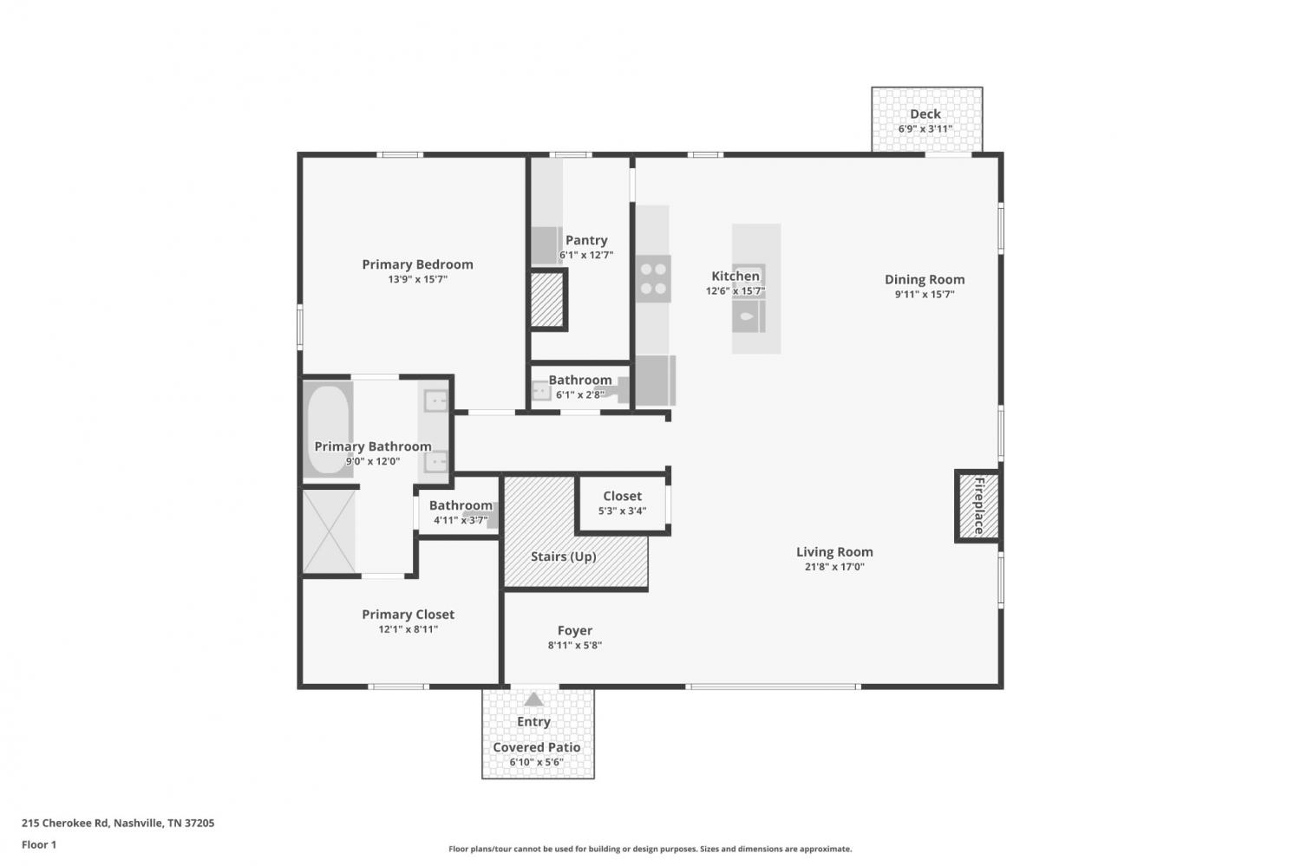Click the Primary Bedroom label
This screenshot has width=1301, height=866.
coord(417,264)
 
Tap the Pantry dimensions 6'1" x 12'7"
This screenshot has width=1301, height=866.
coord(586,255)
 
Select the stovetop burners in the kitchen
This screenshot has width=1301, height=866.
coord(653,278)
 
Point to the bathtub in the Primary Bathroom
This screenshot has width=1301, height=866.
coord(328,429)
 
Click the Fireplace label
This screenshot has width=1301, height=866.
coord(979,505)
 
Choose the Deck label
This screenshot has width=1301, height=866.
coord(925,114)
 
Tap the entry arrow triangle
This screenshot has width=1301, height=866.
coord(533,700)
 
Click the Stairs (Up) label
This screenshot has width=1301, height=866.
coord(564,557)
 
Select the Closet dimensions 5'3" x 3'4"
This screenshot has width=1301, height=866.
coord(622,511)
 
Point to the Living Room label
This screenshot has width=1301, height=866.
coord(834,552)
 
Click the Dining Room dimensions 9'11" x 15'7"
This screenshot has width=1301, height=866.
coord(925,294)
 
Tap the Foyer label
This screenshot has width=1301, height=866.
coord(575,631)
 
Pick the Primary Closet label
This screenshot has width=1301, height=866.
coord(409,615)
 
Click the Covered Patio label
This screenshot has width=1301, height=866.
coord(537,747)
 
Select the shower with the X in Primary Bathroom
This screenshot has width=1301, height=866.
coord(329,531)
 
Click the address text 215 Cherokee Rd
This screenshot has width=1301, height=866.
coord(65,823)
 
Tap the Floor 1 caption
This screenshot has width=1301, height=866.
coord(39,845)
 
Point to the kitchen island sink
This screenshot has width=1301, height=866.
coord(748,316)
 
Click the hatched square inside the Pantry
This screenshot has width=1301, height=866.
coord(547,299)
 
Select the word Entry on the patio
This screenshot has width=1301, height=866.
coord(533,722)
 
